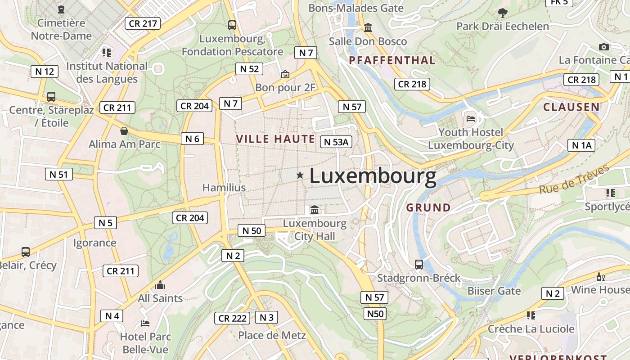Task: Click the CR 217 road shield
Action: pos(143,23)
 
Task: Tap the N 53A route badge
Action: pos(336,142)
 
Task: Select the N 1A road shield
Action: pos(581,145)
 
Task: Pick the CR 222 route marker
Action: pos(232,318)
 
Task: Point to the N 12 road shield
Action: pos(45,71)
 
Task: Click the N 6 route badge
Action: pos(192,139)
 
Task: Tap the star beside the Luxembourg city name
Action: pos(300,175)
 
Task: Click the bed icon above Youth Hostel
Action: pos(471,119)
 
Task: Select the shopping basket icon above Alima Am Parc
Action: pos(124,131)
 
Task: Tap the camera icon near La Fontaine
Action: pos(604,47)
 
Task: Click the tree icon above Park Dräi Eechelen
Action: pos(503,13)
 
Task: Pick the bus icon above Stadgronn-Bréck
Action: pos(419,264)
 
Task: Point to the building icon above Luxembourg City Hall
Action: pos(315,210)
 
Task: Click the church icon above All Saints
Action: pos(160,285)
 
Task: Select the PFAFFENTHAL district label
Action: pos(392,60)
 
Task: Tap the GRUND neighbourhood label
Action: pos(428,207)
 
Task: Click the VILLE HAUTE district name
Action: pos(275,139)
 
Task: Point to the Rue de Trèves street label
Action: pos(574,180)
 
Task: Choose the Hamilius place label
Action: pos(224,188)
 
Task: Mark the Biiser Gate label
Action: pos(494,291)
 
